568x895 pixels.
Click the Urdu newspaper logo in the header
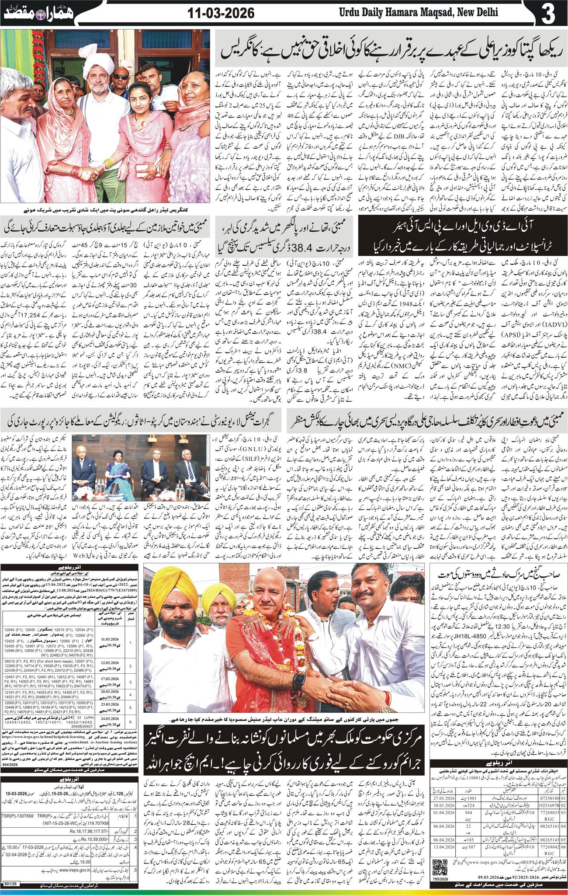[x=39, y=14]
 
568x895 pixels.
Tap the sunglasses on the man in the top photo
[x=121, y=77]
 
